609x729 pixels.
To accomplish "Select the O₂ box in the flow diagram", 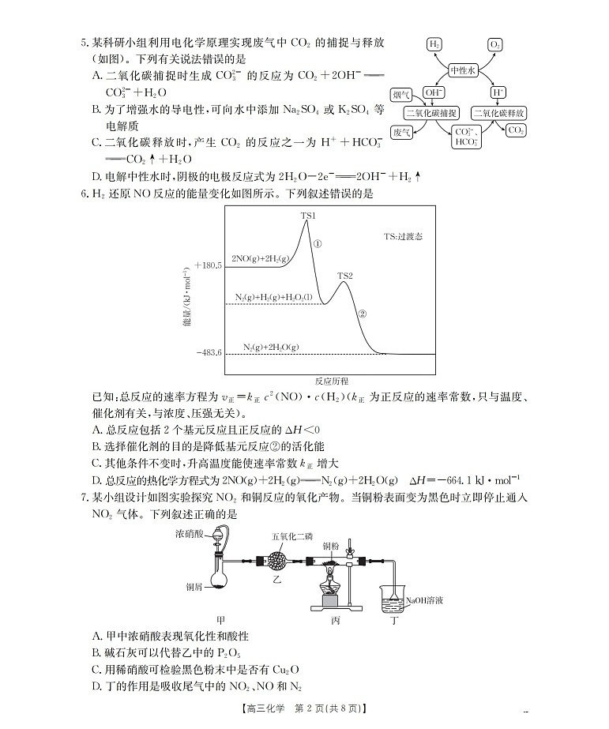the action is tap(495, 44).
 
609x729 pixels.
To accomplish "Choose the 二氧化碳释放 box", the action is tap(499, 113).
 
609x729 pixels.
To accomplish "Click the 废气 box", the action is tap(401, 133).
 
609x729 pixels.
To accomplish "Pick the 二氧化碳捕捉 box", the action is tap(431, 113).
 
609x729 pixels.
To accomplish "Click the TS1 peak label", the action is tap(307, 215).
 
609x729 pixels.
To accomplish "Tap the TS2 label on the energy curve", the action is tap(345, 276).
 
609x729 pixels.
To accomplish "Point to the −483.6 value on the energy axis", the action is tap(209, 352).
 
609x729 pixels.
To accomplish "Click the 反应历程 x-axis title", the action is tap(330, 380).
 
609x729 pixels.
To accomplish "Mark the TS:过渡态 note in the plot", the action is tap(403, 236).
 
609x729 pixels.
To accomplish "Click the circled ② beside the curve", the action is tap(363, 313).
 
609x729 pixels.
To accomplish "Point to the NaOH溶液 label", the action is tap(424, 600).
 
